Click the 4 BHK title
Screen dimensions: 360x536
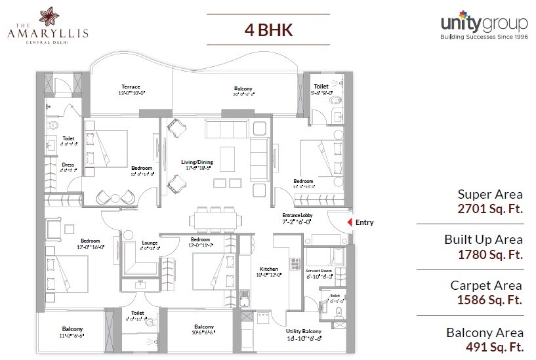tap(268, 30)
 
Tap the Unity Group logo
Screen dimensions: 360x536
tap(485, 25)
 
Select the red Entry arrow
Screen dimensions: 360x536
tap(348, 222)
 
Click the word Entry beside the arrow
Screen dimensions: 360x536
tap(365, 222)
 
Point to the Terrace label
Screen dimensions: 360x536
tap(131, 87)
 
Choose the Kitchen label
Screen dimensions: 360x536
tap(268, 269)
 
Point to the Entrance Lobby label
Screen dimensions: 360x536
tap(296, 216)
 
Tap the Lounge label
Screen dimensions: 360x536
tap(150, 243)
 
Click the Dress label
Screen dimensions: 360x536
tap(68, 165)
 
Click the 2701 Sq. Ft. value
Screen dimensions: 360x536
tap(491, 210)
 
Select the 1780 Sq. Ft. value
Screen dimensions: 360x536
tap(491, 255)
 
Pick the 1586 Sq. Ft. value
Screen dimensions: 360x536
tap(491, 300)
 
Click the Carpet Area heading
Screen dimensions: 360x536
tap(486, 285)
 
